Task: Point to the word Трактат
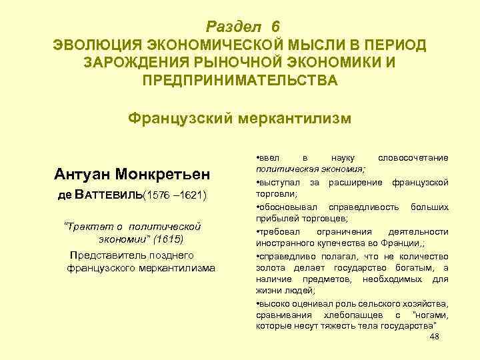(x=85, y=226)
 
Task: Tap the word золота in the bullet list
(x=271, y=267)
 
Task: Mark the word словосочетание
(x=413, y=157)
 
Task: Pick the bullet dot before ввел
(x=259, y=158)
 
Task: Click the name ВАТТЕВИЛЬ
(x=109, y=197)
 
